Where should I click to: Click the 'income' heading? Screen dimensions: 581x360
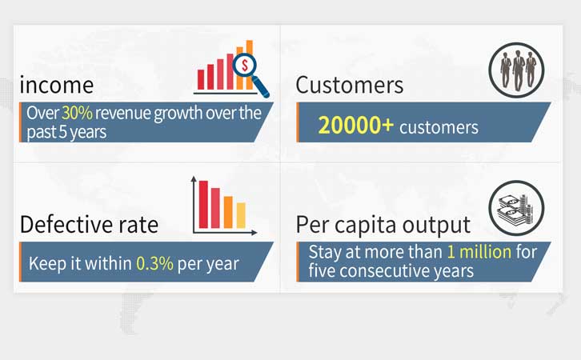[56, 85]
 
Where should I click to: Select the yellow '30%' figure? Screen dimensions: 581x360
[77, 113]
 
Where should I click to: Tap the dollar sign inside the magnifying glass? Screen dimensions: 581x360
[245, 66]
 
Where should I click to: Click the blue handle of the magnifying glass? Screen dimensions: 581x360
[261, 88]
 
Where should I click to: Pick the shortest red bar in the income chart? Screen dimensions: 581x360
[201, 80]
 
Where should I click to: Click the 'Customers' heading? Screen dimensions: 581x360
[350, 85]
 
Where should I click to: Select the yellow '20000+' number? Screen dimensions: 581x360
[355, 125]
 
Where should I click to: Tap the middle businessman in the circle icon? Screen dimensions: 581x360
[518, 70]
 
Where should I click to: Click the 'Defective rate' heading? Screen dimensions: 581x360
[89, 225]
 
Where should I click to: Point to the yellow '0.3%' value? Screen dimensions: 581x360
[154, 263]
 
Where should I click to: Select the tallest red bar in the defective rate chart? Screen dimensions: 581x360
[203, 204]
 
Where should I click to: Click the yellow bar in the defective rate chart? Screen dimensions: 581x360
[241, 215]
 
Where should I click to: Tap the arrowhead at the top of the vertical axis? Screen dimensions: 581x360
[194, 179]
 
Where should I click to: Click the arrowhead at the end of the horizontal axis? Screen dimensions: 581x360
[254, 233]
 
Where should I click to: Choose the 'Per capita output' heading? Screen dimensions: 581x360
[383, 225]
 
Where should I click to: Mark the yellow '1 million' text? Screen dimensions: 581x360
[479, 252]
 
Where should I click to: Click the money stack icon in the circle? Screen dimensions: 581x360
[515, 209]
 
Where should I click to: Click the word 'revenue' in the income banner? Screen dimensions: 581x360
[122, 113]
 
